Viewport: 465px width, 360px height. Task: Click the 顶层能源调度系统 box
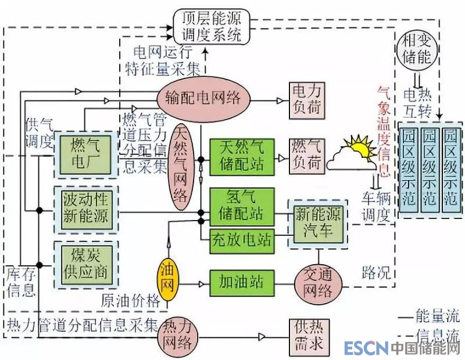tap(212, 27)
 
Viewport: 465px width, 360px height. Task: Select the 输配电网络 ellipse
tap(198, 98)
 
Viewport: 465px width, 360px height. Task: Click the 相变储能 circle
tap(417, 48)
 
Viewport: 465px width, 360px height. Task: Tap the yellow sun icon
tap(359, 149)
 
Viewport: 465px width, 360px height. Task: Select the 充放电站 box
tap(241, 239)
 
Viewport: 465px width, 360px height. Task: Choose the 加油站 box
tap(241, 283)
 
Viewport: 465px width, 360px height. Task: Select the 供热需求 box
tap(306, 336)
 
